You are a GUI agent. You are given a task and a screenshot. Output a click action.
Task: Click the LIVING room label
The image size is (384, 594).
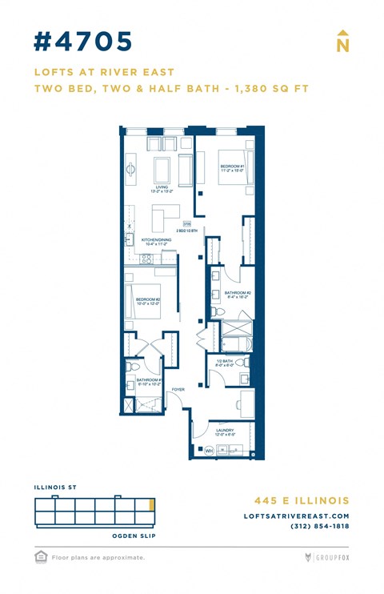pyautogui.click(x=162, y=188)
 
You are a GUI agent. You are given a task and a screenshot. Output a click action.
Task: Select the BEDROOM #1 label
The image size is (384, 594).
pyautogui.click(x=232, y=167)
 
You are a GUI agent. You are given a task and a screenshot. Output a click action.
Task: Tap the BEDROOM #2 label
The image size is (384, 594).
pyautogui.click(x=148, y=301)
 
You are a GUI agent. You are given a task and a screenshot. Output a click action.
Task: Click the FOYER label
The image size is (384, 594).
pyautogui.click(x=178, y=390)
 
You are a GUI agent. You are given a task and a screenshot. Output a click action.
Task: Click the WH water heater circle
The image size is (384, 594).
pyautogui.click(x=210, y=451)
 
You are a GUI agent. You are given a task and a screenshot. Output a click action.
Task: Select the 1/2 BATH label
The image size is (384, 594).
pyautogui.click(x=225, y=362)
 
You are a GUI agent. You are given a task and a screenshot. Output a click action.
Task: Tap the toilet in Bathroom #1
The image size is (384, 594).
pyautogui.click(x=130, y=367)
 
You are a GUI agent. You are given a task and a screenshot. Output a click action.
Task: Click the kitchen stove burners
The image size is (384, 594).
pyautogui.click(x=146, y=258)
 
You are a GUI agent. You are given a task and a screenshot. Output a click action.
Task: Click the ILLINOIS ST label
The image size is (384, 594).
pyautogui.click(x=54, y=487)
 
